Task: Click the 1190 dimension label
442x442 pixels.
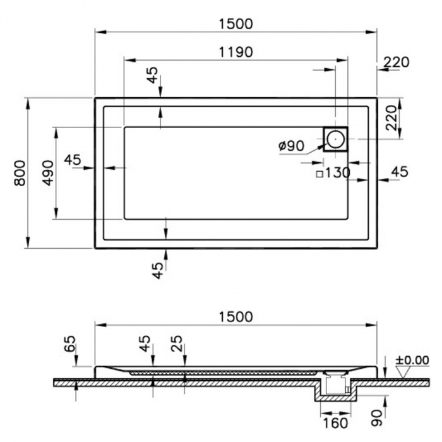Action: tap(236, 52)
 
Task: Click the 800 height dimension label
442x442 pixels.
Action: tap(20, 173)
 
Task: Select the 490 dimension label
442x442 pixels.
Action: tap(48, 173)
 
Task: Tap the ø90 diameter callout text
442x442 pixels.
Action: tap(292, 146)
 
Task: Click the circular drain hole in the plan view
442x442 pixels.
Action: tap(335, 139)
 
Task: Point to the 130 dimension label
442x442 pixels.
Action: tap(337, 172)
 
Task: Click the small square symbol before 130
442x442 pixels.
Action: tap(320, 174)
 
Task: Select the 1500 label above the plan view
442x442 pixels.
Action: tap(236, 24)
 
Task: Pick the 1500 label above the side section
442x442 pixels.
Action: tap(236, 317)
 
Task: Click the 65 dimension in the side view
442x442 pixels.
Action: tap(70, 343)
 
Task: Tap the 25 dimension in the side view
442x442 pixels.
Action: tap(177, 343)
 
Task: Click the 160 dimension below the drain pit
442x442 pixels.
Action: tap(335, 423)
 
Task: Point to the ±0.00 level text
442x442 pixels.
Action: tap(412, 360)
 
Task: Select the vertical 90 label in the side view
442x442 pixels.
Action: tap(376, 418)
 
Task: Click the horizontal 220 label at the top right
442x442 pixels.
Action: tap(396, 63)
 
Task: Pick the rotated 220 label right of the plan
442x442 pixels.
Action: tap(391, 118)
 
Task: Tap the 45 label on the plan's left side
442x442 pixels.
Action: tap(73, 160)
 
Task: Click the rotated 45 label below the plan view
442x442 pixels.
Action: tap(158, 271)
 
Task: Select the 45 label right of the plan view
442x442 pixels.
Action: tap(400, 171)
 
